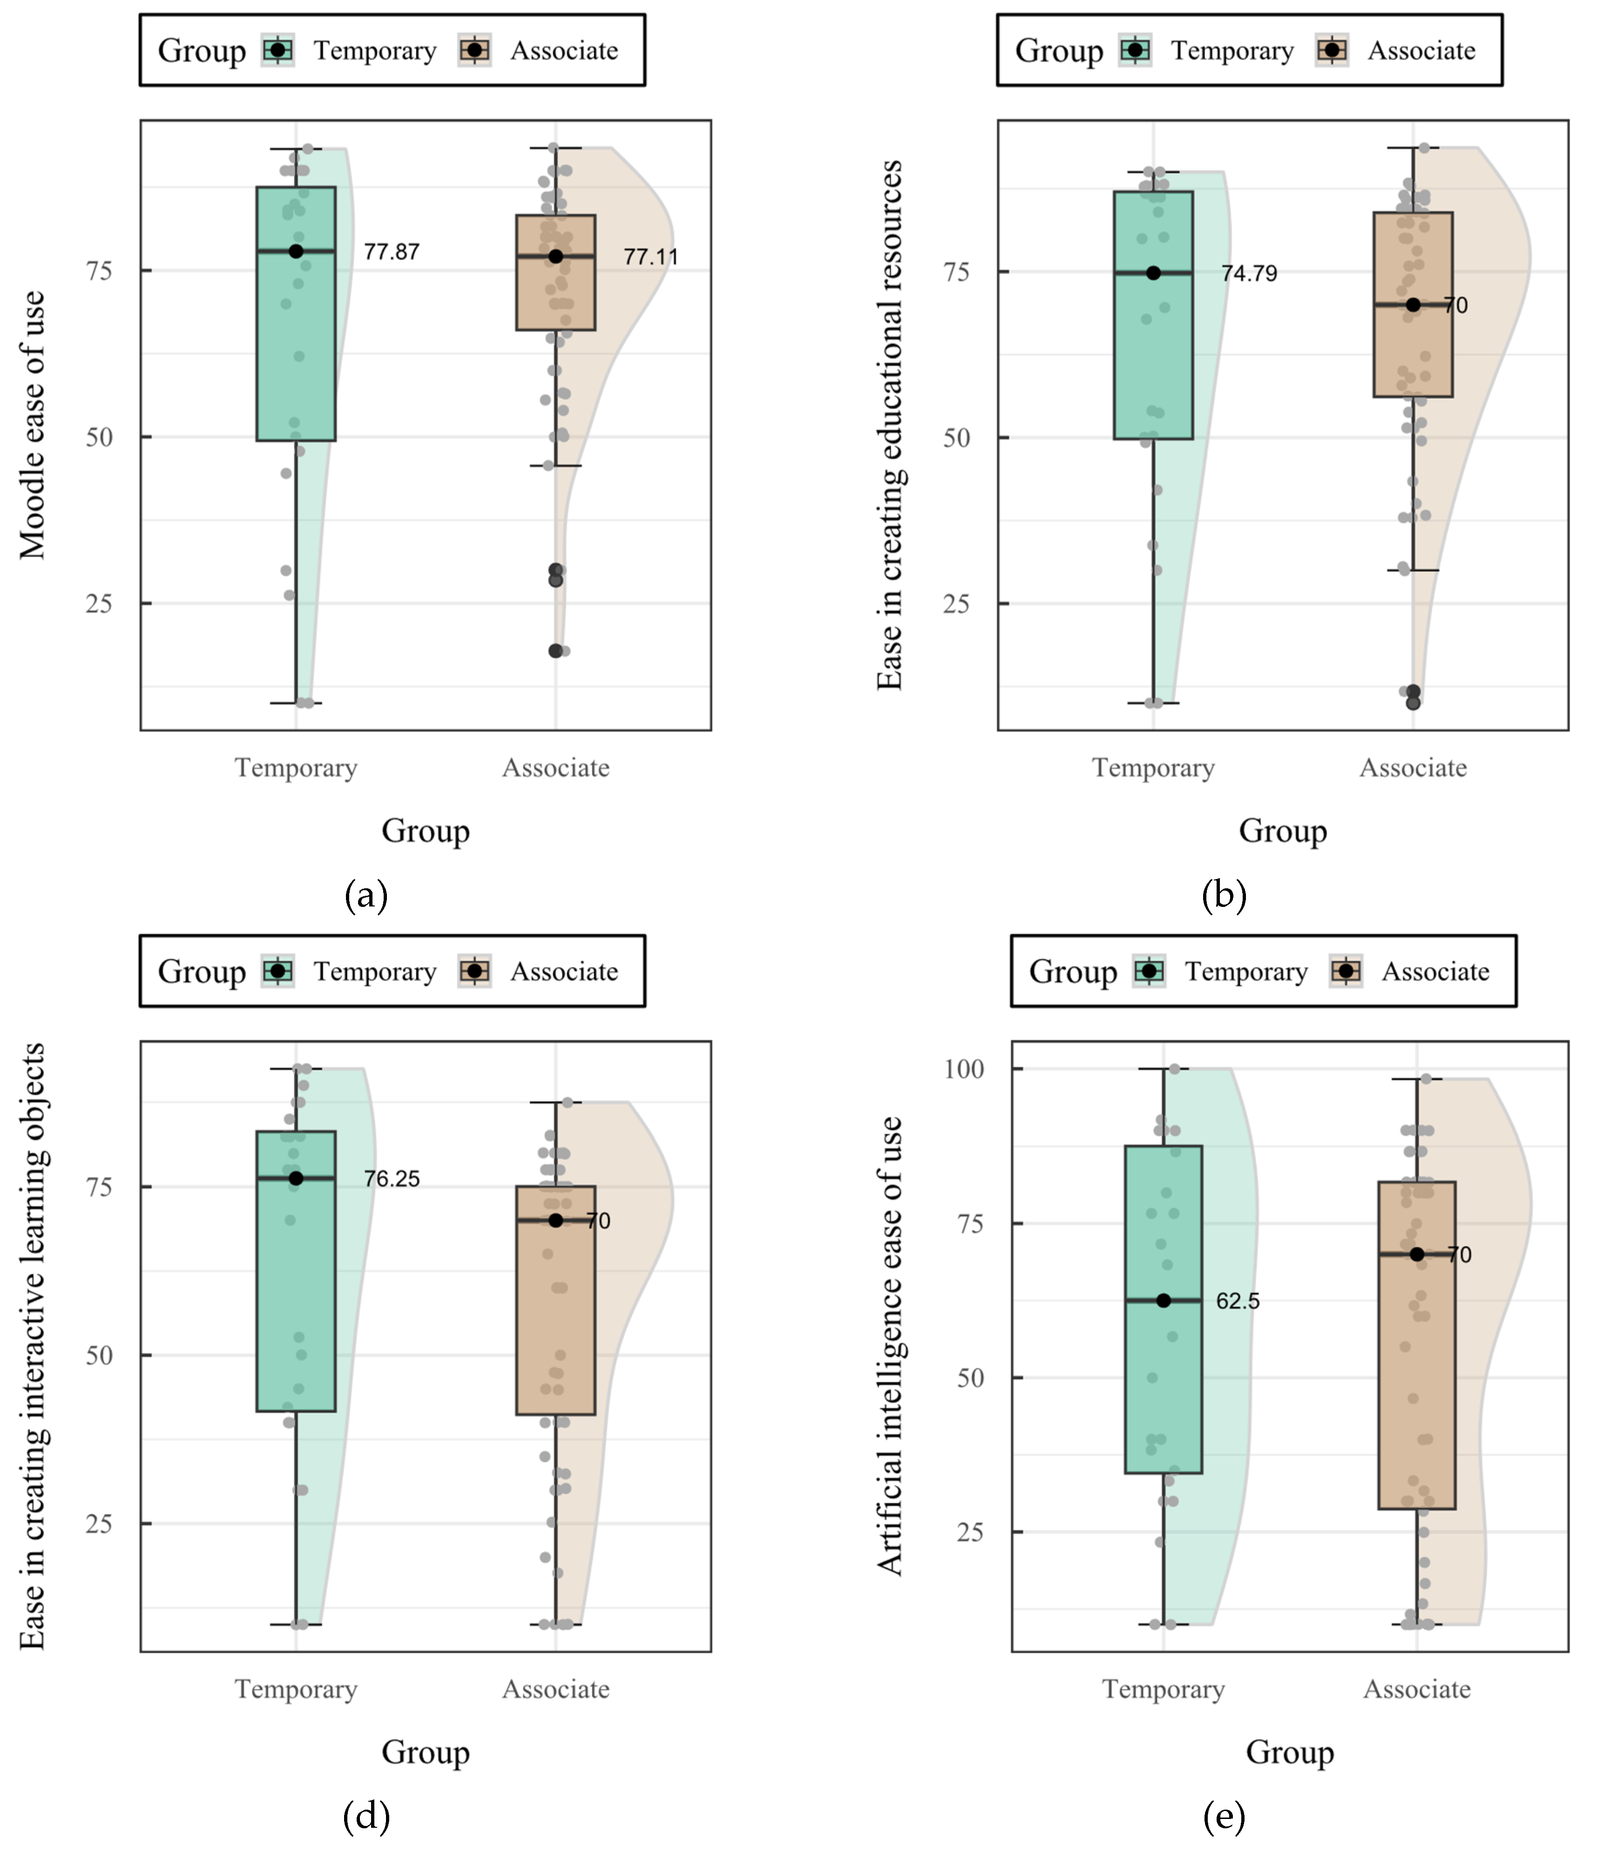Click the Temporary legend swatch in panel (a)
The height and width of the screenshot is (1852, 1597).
click(x=278, y=51)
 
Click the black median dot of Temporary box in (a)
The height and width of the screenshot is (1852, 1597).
click(x=296, y=251)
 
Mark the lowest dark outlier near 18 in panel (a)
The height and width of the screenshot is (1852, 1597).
click(x=555, y=651)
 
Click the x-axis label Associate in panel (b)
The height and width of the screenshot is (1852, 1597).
click(x=1413, y=768)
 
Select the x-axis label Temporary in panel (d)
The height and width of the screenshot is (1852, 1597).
click(x=296, y=1689)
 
